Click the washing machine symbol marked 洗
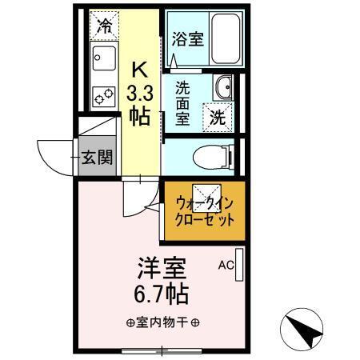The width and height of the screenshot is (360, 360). [218, 115]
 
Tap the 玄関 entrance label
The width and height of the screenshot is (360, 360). [98, 157]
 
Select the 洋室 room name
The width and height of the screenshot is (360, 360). [154, 265]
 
